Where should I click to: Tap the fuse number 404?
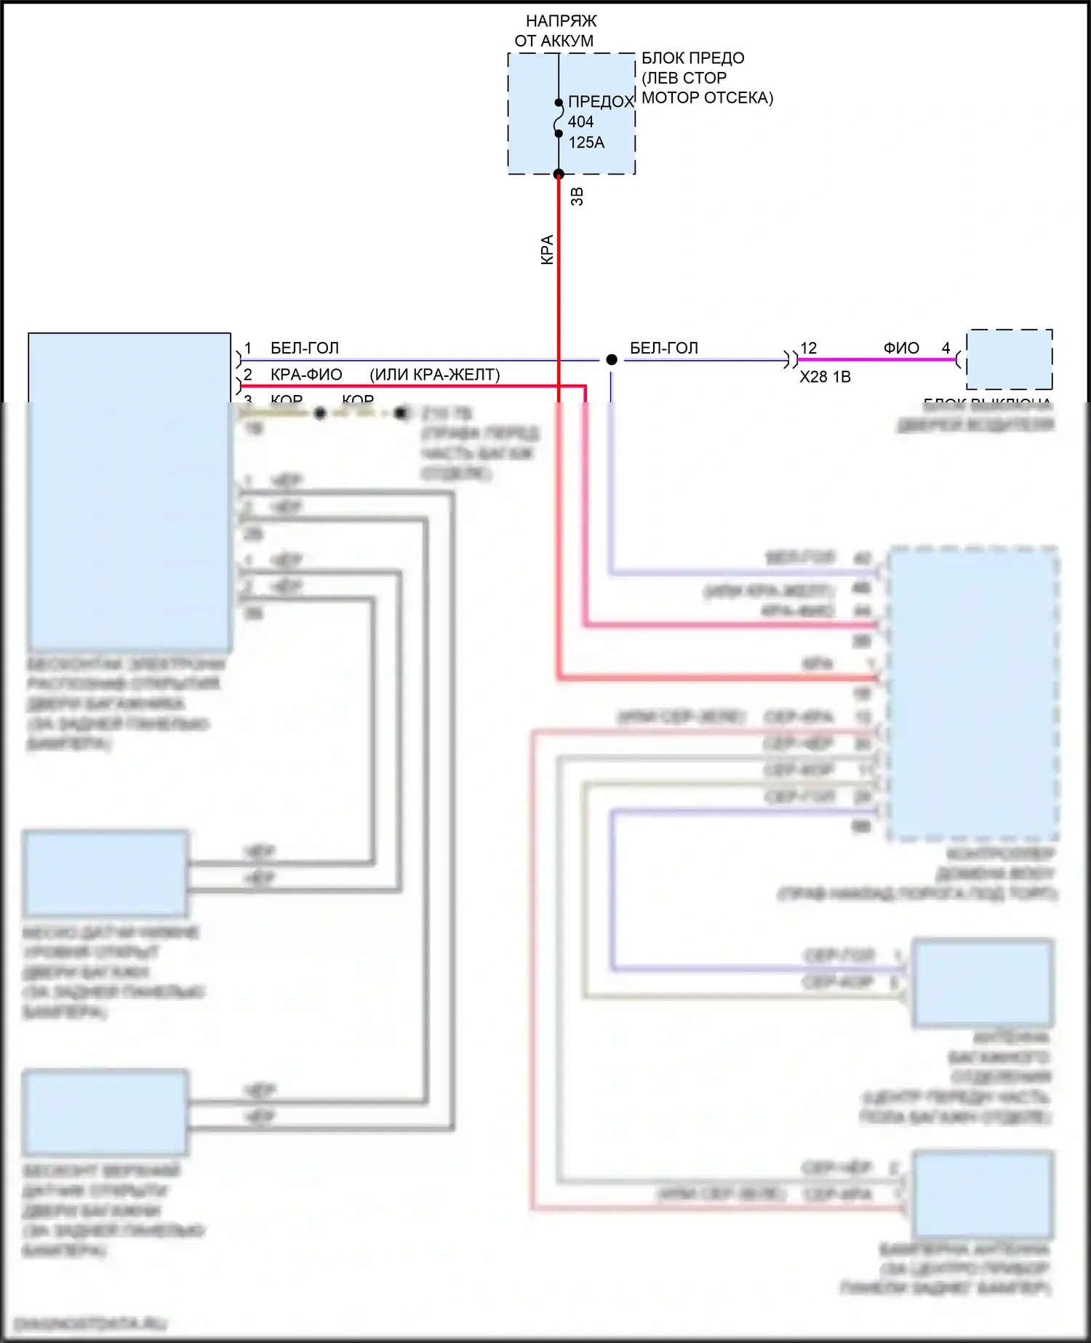[x=580, y=121]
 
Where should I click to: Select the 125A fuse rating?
[x=586, y=143]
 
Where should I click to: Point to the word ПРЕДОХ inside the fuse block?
[x=601, y=102]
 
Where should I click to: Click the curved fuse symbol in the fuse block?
[x=558, y=119]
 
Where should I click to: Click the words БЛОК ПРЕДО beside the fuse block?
[x=692, y=58]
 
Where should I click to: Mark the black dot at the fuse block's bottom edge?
[x=559, y=175]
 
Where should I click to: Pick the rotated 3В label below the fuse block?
[x=577, y=196]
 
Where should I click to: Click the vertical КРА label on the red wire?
[x=547, y=250]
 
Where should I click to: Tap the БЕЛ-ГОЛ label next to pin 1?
[x=305, y=348]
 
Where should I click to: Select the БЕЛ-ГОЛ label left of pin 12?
[x=663, y=348]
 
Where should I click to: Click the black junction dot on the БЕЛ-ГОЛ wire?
[x=612, y=359]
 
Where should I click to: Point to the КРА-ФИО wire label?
[x=306, y=375]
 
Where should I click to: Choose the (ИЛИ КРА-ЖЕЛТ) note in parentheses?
[x=435, y=375]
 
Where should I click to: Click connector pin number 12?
[x=808, y=348]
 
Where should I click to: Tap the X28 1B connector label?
[x=825, y=377]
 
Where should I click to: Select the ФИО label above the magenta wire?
[x=901, y=348]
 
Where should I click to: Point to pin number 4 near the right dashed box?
[x=946, y=348]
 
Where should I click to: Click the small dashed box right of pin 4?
[x=1009, y=359]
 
